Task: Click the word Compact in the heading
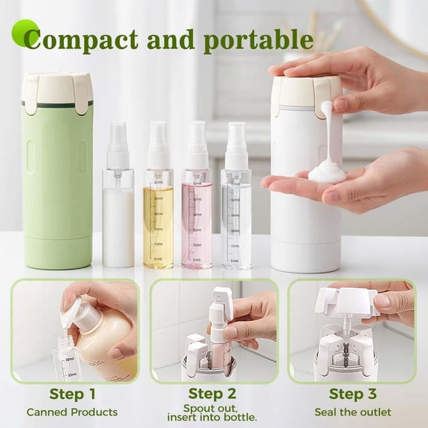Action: [80, 39]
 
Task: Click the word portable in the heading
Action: [257, 39]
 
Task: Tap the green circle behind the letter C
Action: [25, 33]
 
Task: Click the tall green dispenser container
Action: [57, 178]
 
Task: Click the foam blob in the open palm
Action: [327, 173]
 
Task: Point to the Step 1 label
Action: [72, 394]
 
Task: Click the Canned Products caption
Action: [72, 412]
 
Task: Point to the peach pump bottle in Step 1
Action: [104, 342]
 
